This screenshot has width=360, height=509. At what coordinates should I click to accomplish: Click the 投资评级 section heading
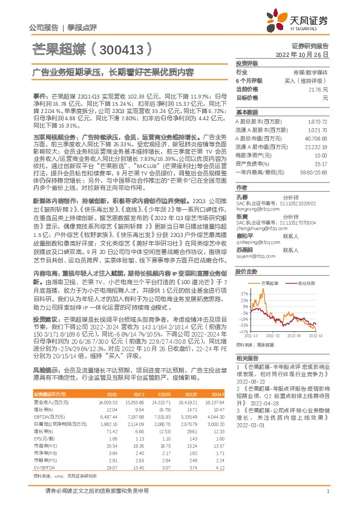[x=247, y=63]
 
